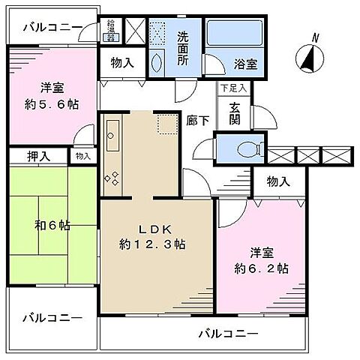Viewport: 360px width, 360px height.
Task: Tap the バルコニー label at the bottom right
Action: [228, 333]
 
